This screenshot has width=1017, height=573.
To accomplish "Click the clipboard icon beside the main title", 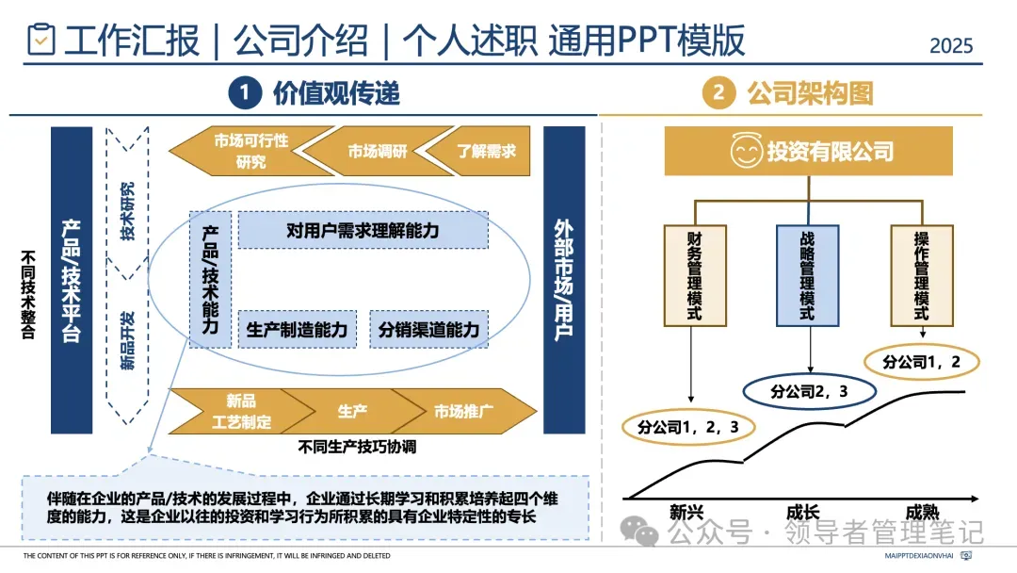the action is (40, 40).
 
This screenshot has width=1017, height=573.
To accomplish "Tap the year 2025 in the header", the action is (951, 45).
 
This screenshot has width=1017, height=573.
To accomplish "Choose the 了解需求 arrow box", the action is (479, 151).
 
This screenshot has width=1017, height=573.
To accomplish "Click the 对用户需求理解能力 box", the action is (363, 230).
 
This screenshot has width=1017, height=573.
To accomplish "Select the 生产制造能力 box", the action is (297, 330).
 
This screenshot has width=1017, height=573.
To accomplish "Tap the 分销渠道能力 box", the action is (428, 330).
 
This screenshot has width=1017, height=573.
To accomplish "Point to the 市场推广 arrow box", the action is (464, 411).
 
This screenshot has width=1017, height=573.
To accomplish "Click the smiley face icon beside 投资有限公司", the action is (746, 151).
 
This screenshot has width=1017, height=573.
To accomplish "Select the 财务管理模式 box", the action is (693, 274).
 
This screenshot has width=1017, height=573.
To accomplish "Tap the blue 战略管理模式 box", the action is (807, 274).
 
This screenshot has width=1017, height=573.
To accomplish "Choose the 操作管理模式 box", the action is (921, 274).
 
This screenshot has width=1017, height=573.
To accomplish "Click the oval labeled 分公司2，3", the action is (810, 390).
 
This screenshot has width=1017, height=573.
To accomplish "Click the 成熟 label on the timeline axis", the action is (922, 513).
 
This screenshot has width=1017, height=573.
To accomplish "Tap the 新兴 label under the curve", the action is (686, 513).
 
